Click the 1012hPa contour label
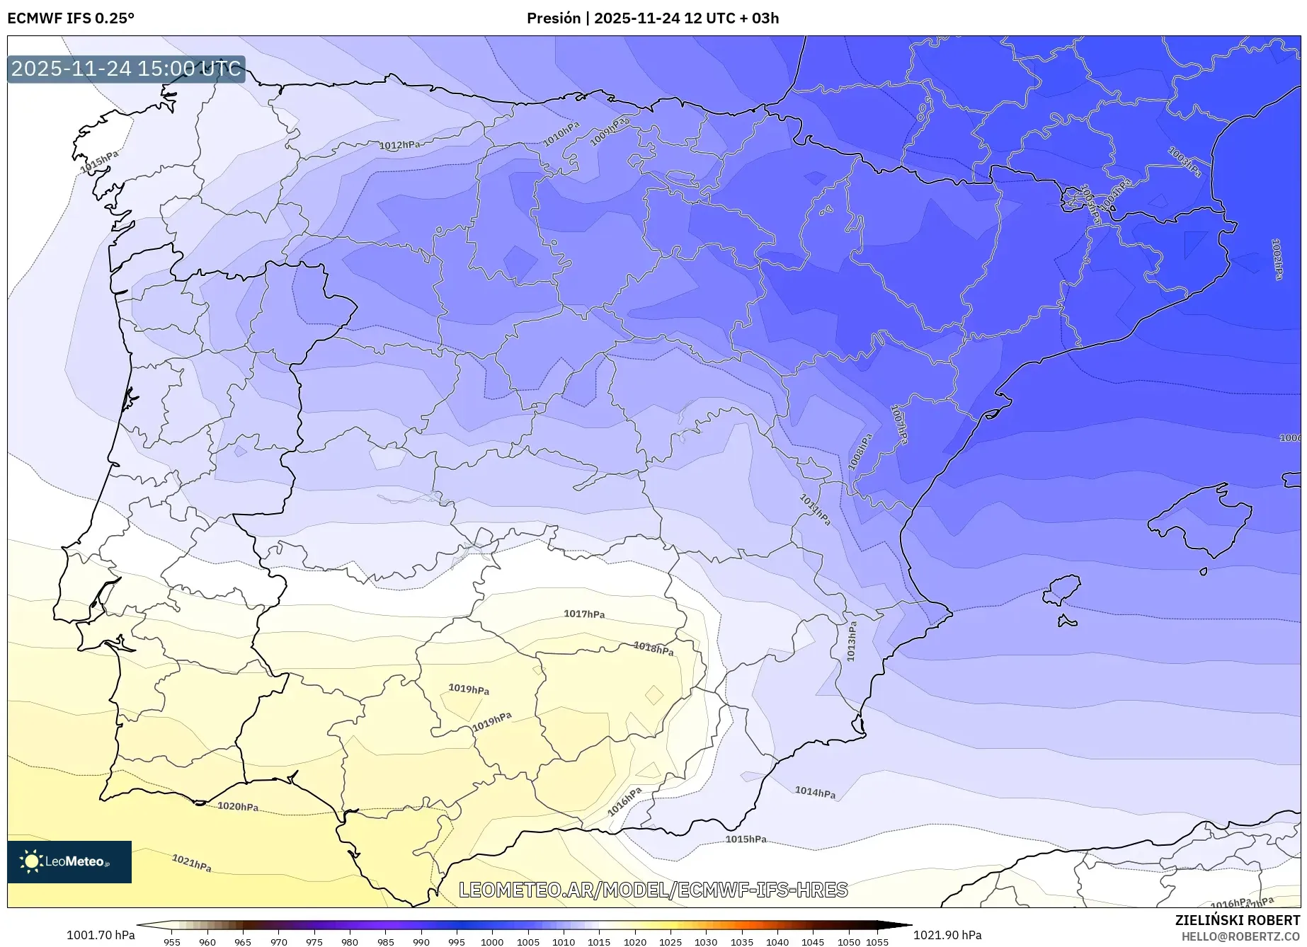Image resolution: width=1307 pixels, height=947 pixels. pos(399,145)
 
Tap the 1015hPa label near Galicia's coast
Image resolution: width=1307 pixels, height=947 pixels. pos(99,162)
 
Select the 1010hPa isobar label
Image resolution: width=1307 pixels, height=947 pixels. pos(561,134)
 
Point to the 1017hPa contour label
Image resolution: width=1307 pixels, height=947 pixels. pos(584,614)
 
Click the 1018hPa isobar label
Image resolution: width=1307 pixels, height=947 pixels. pos(653,648)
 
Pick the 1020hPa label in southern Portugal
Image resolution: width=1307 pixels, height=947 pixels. pos(238,806)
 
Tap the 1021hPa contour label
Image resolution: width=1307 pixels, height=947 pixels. pos(192,863)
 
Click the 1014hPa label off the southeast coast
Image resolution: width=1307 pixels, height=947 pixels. pos(815,793)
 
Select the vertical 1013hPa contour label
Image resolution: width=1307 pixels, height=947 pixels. pos(852,641)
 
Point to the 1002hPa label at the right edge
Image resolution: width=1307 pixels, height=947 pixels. pos(1277,258)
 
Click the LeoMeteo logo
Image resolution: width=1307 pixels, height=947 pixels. pos(69,861)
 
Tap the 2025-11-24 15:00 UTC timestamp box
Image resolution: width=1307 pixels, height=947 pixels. pos(126,69)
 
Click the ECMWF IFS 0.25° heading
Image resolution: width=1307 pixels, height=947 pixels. pos(71,18)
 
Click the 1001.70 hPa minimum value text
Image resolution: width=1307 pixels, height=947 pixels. pos(101,935)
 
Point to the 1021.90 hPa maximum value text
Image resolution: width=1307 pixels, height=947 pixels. pos(947,935)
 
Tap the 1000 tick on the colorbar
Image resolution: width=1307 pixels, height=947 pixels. pos(492,942)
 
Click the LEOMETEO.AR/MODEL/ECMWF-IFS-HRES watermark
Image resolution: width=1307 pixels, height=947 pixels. pos(653,890)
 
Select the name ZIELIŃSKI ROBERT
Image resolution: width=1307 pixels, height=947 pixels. pos(1237,920)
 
